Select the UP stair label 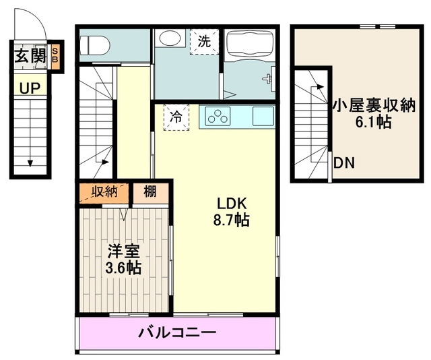coord(29,87)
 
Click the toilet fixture coord(94,45)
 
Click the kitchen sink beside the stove coord(263,116)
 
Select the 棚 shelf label coord(150,191)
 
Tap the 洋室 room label coord(124,251)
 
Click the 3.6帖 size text coord(124,268)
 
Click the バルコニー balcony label coord(177,332)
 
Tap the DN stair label coord(344,163)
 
